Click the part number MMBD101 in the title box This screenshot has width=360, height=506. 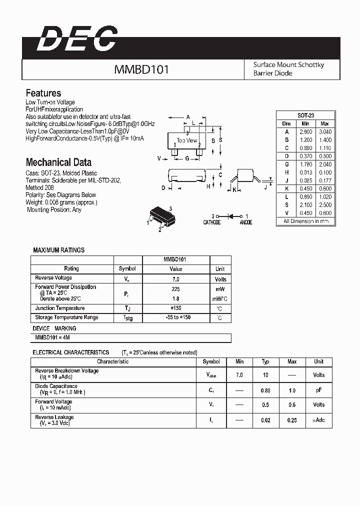click(141, 69)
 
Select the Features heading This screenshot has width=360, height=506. click(43, 93)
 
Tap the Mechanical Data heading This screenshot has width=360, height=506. click(58, 162)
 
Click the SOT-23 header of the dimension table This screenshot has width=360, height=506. click(305, 115)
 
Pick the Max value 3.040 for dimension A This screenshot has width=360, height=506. click(324, 131)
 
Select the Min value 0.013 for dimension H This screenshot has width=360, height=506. click(305, 172)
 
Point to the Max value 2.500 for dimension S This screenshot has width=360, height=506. click(324, 205)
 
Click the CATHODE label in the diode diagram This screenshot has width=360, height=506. click(211, 222)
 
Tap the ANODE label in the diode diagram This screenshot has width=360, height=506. click(245, 222)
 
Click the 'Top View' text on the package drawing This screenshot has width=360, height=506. click(187, 140)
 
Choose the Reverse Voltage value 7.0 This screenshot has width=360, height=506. click(175, 279)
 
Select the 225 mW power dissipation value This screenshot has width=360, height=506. click(175, 289)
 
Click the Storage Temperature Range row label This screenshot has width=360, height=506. click(66, 317)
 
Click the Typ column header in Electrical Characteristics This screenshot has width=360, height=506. click(265, 361)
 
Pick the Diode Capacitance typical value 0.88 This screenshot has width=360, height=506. click(265, 390)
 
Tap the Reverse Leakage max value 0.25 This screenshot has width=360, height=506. click(292, 420)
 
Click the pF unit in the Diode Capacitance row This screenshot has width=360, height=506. click(318, 390)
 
